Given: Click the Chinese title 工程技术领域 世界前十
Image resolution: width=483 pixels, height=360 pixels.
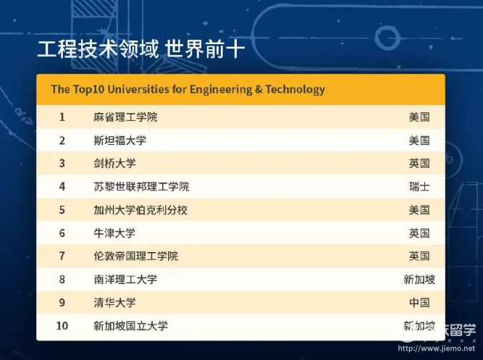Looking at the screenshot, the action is pyautogui.click(x=140, y=49).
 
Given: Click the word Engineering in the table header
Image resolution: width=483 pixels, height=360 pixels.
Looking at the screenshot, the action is pyautogui.click(x=221, y=89).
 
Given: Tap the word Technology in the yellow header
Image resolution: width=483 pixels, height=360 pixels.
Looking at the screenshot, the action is pyautogui.click(x=295, y=89).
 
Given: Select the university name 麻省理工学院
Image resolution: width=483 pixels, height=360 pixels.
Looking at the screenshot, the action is pyautogui.click(x=125, y=117).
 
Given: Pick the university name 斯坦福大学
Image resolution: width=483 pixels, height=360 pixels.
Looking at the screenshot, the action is pyautogui.click(x=119, y=141).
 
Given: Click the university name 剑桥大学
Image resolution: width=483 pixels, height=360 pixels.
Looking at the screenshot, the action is pyautogui.click(x=114, y=164).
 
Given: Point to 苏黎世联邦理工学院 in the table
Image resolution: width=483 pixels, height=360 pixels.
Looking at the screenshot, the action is pyautogui.click(x=141, y=186).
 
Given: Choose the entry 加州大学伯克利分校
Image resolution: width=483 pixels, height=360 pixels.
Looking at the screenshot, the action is pyautogui.click(x=140, y=210).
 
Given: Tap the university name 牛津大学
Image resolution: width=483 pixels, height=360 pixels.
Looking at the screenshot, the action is pyautogui.click(x=114, y=233).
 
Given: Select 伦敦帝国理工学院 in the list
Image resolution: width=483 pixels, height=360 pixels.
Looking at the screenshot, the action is pyautogui.click(x=136, y=256).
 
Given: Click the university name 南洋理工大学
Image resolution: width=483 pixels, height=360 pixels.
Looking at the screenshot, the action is pyautogui.click(x=125, y=280).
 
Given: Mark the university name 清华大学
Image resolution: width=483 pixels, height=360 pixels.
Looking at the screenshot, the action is pyautogui.click(x=114, y=303).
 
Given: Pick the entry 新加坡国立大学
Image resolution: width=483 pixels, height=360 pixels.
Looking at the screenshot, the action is pyautogui.click(x=130, y=326).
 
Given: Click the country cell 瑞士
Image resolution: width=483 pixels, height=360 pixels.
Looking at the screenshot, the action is pyautogui.click(x=419, y=186).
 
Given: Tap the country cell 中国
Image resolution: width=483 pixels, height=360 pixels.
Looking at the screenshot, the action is pyautogui.click(x=419, y=303).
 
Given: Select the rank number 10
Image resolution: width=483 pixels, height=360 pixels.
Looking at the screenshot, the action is pyautogui.click(x=62, y=326).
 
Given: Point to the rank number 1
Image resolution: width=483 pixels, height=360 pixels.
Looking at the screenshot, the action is pyautogui.click(x=62, y=117).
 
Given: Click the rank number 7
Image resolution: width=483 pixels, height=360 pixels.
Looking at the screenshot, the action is pyautogui.click(x=62, y=256).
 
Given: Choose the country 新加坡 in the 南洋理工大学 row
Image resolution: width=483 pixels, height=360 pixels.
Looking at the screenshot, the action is pyautogui.click(x=419, y=280).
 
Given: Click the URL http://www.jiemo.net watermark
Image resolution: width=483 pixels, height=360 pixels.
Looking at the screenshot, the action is pyautogui.click(x=437, y=348).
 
